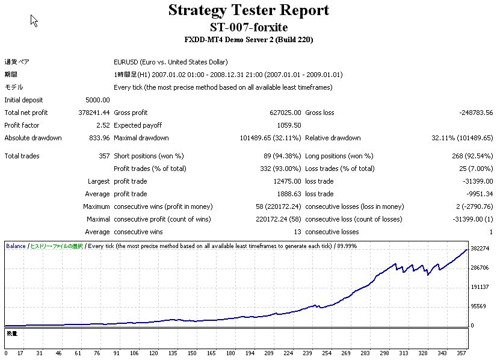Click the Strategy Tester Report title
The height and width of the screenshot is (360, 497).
248,10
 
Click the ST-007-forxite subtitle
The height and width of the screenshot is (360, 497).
248,27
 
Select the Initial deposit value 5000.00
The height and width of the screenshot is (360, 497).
98,100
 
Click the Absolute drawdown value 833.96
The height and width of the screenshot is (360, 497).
99,138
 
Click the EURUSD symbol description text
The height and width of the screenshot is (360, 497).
170,62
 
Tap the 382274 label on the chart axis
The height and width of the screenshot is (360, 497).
479,249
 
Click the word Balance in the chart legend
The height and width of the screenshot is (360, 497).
16,246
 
